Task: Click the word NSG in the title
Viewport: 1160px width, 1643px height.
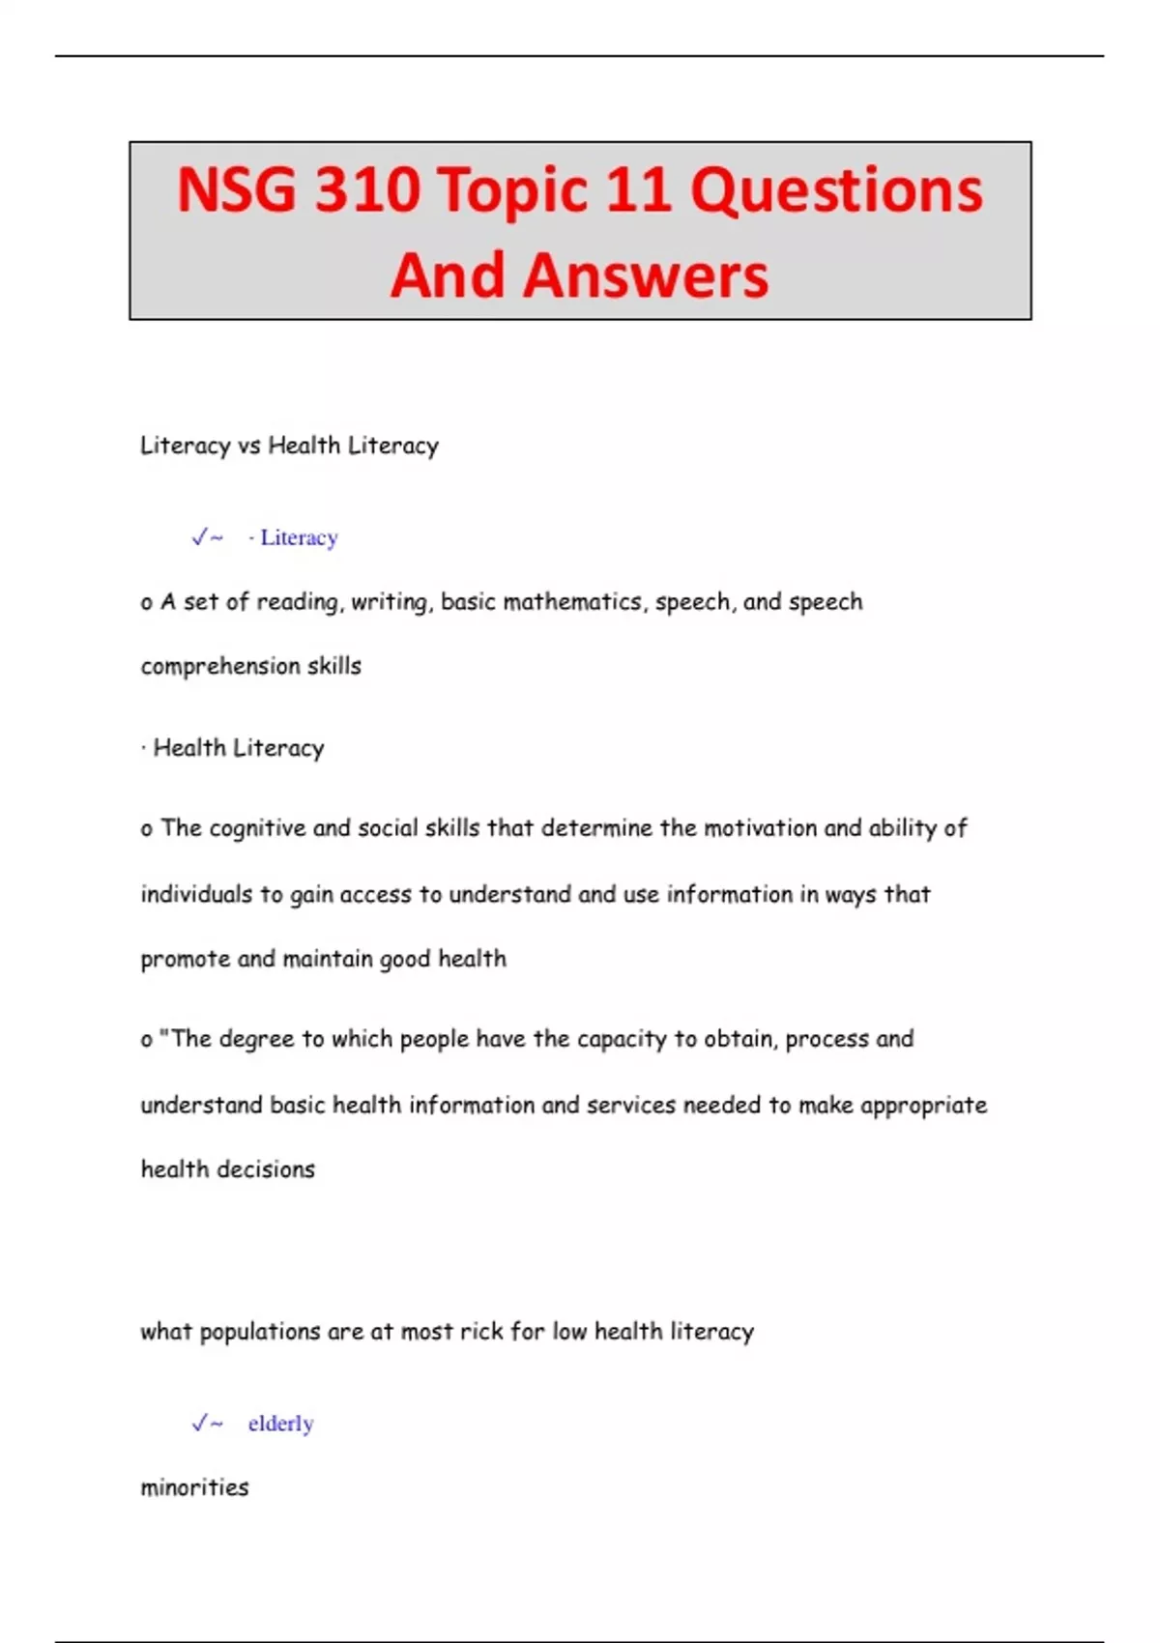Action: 236,189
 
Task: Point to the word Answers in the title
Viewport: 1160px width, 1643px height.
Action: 646,275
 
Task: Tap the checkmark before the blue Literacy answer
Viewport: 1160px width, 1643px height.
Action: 200,537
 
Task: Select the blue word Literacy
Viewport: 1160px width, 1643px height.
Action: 299,537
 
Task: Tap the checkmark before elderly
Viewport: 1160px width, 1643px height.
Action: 200,1424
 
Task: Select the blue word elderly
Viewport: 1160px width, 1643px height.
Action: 280,1424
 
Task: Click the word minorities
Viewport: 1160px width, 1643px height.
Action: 194,1487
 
